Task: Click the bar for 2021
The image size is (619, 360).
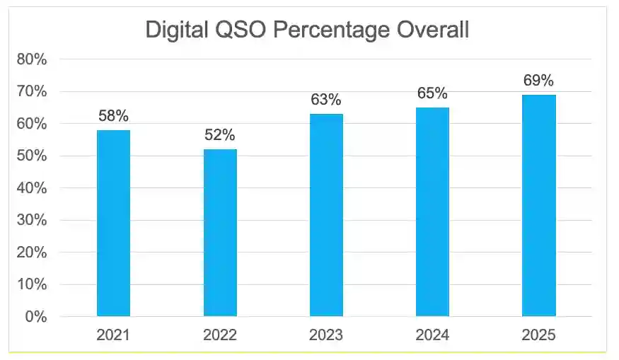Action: point(113,223)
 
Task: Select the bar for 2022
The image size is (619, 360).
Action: point(220,233)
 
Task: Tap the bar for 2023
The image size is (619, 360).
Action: point(326,215)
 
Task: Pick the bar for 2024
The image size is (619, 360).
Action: point(432,211)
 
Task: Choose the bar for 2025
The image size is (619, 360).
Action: point(539,205)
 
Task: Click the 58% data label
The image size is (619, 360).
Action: point(113,116)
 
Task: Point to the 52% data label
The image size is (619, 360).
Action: point(220,135)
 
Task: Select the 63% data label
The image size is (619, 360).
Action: point(326,100)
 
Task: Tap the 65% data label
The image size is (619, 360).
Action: point(432,93)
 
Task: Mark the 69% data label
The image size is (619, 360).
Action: point(539,81)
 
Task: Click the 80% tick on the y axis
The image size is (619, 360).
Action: point(32,59)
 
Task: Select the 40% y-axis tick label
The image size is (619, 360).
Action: point(32,188)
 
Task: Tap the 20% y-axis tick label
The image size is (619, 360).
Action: point(32,252)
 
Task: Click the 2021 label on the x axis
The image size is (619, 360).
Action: point(113,335)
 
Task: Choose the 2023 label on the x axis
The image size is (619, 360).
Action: point(326,335)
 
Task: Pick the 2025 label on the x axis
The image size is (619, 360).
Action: point(539,335)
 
